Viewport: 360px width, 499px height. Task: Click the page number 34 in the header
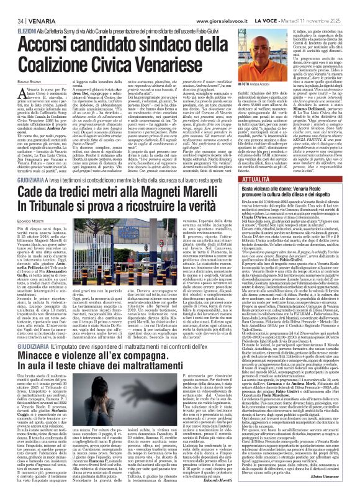click(12, 5)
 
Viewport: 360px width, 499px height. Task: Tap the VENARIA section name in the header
click(33, 5)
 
